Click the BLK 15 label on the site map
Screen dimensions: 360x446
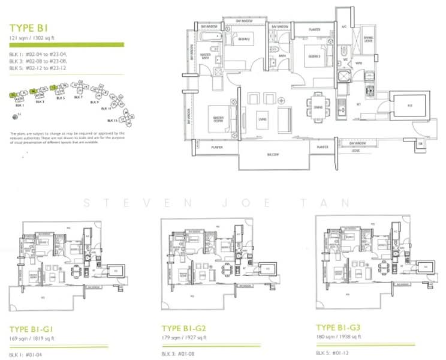tap(113, 120)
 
